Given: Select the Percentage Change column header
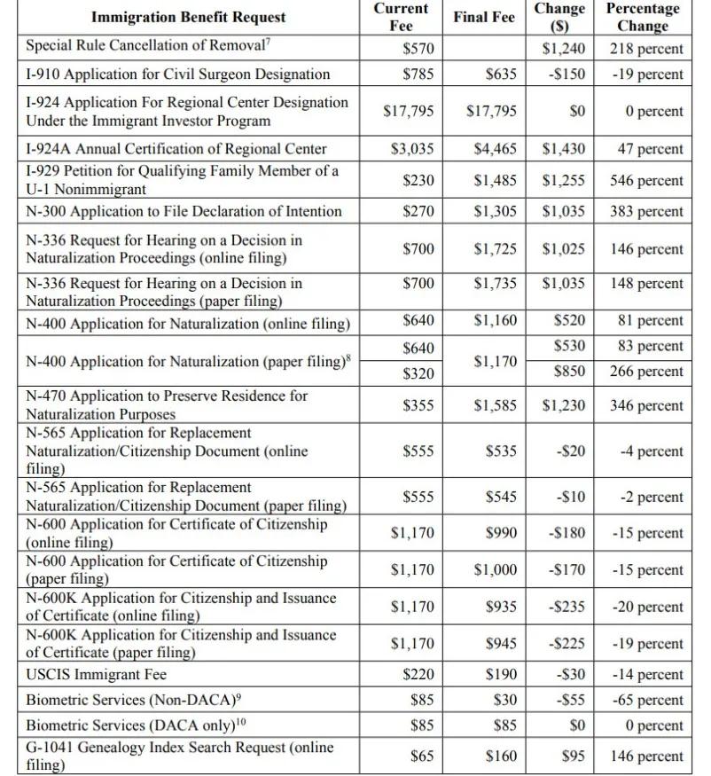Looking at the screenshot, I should [643, 17].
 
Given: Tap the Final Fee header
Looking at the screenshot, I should [483, 17].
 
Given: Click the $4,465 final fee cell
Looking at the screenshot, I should [495, 148].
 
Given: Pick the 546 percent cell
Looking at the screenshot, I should [646, 181].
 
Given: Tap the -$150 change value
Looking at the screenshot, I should [564, 74].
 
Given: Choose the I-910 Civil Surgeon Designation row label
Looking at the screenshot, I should [177, 74].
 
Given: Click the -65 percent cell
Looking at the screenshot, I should [648, 701].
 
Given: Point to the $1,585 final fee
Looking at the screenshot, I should [495, 406].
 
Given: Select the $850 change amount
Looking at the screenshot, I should [568, 372].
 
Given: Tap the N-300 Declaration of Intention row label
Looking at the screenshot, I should [184, 211].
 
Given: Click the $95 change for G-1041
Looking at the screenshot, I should [573, 756].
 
